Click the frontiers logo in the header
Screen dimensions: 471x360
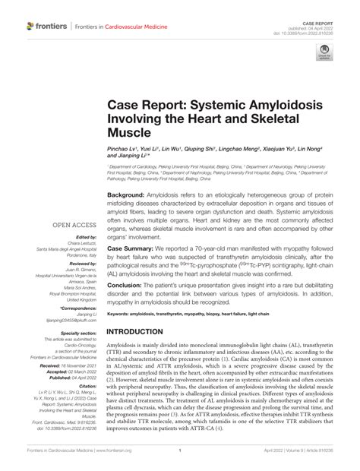click(x=46, y=27)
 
